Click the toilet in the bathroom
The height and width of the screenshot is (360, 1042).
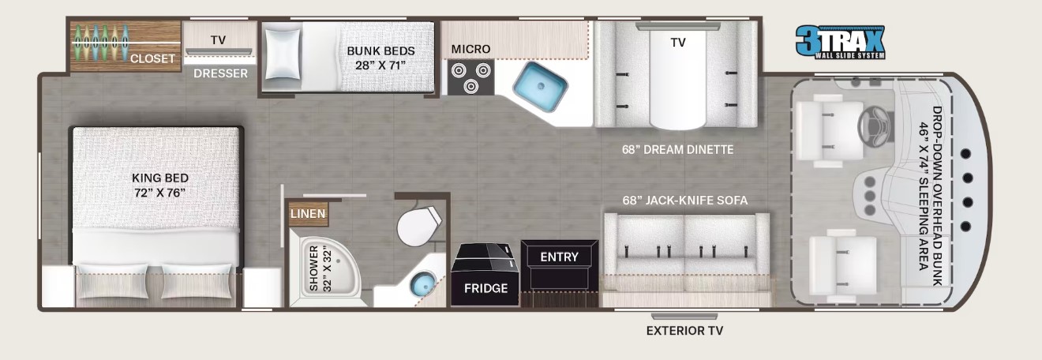coord(418,226)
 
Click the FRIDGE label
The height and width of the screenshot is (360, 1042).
coord(485,288)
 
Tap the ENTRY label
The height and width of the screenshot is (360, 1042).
coord(559,257)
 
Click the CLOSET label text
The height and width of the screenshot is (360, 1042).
coord(153,58)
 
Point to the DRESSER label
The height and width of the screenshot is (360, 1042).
coord(221,73)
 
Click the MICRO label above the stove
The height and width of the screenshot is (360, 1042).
coord(470,49)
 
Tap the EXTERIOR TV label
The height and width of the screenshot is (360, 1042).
coord(684,331)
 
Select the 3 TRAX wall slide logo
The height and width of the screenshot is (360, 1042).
coord(840,42)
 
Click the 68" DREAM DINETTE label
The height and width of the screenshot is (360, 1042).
coord(677,149)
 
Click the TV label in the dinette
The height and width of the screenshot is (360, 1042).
coord(678,43)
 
